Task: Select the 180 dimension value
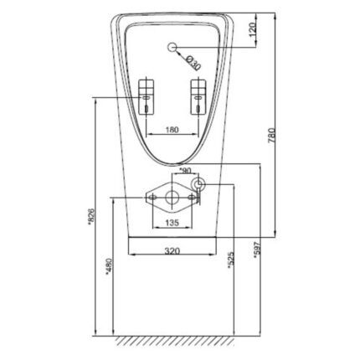pyautogui.click(x=172, y=130)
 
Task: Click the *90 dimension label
pyautogui.click(x=185, y=170)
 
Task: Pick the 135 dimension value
pyautogui.click(x=172, y=223)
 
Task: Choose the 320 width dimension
pyautogui.click(x=172, y=250)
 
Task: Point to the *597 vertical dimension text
pyautogui.click(x=257, y=249)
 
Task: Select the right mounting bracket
pyautogui.click(x=198, y=95)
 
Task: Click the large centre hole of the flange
pyautogui.click(x=172, y=198)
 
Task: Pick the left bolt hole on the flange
pyautogui.click(x=152, y=198)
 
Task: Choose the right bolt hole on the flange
pyautogui.click(x=191, y=198)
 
